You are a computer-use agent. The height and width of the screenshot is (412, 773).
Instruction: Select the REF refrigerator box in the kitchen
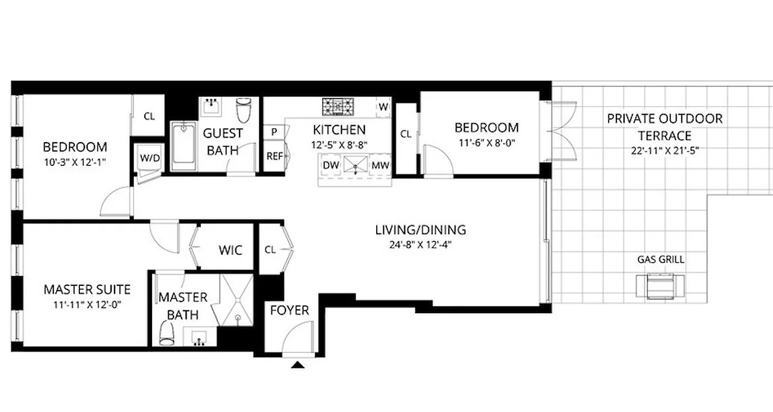(275, 156)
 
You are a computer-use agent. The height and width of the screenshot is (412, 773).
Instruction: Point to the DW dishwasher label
(330, 165)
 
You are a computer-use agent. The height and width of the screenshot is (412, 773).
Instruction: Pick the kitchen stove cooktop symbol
(339, 107)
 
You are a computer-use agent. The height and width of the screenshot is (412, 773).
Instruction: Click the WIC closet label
(230, 250)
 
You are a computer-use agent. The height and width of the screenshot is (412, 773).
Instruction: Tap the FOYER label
(290, 311)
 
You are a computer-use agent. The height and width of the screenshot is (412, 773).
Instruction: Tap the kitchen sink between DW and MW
(357, 165)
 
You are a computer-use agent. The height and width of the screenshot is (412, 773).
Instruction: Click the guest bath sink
(211, 107)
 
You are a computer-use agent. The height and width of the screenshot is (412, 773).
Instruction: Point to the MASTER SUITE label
(87, 289)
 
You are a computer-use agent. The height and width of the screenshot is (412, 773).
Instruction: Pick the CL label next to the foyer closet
(270, 250)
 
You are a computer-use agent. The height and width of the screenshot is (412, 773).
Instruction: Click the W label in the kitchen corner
(383, 107)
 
